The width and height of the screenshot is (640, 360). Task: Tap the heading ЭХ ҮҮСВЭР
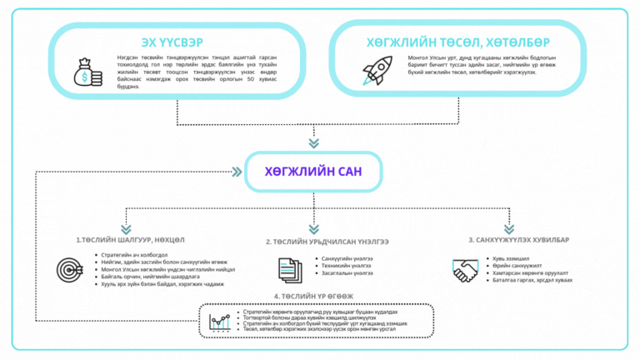point(172,42)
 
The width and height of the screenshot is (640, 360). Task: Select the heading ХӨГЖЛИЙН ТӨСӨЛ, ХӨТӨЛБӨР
point(457,42)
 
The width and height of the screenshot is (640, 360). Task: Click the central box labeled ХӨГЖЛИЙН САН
point(313,172)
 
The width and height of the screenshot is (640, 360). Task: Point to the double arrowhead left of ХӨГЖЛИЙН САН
point(237,172)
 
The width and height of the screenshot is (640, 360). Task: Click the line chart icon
point(221,321)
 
